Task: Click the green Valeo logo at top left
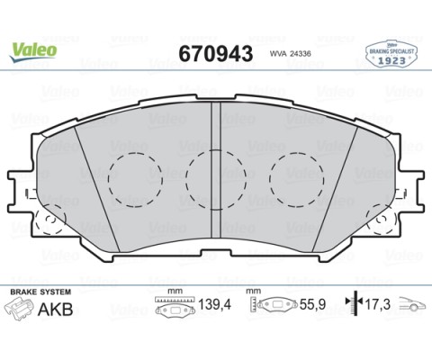click(33, 49)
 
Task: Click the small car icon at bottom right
click(412, 305)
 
